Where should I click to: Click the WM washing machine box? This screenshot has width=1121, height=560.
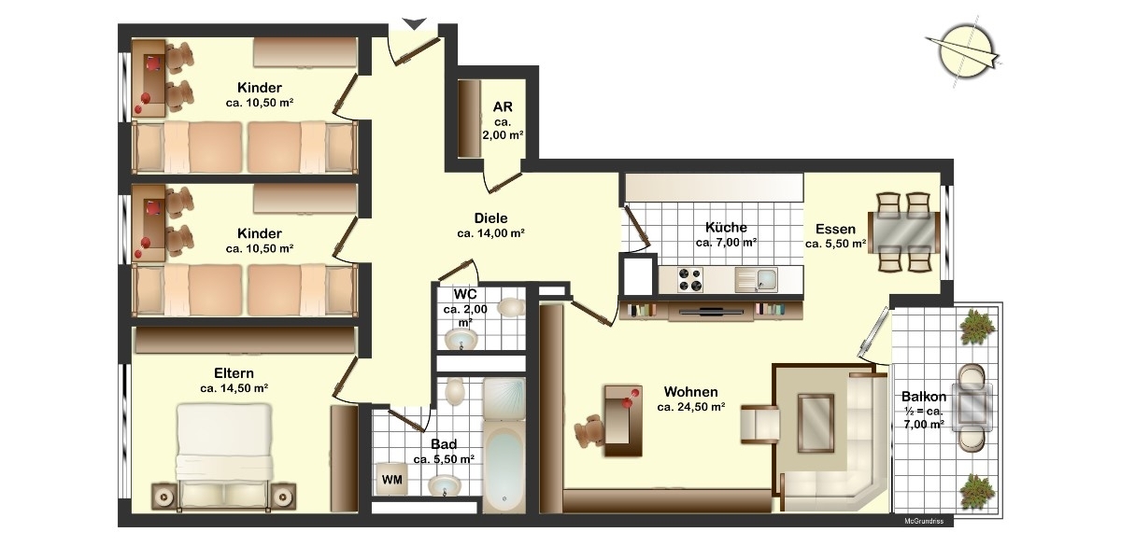click(x=391, y=479)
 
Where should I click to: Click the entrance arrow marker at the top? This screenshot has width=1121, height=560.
click(x=415, y=23)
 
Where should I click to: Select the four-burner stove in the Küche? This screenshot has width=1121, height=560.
click(x=690, y=279)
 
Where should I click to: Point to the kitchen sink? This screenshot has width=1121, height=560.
click(x=756, y=279)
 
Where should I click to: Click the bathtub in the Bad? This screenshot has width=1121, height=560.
click(x=504, y=466)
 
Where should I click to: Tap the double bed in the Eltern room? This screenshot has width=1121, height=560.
click(x=223, y=456)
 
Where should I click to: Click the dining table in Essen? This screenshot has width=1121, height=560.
click(x=903, y=232)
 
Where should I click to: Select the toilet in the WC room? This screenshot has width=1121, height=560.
click(x=511, y=307)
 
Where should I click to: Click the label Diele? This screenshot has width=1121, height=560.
click(x=491, y=218)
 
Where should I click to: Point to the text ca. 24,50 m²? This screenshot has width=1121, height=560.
click(x=691, y=407)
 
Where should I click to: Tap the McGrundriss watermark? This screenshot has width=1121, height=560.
click(x=924, y=521)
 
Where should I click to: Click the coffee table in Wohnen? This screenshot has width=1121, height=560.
click(x=816, y=423)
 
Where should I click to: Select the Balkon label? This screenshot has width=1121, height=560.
click(x=924, y=397)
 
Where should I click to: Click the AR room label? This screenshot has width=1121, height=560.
click(x=503, y=106)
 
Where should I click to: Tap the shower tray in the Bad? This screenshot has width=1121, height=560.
click(x=504, y=399)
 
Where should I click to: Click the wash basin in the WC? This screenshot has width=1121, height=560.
click(x=461, y=340)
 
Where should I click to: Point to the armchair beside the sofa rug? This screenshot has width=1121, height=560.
click(x=759, y=424)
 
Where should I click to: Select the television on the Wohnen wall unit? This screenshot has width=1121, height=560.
click(x=711, y=312)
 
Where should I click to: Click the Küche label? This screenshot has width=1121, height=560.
click(x=726, y=228)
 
